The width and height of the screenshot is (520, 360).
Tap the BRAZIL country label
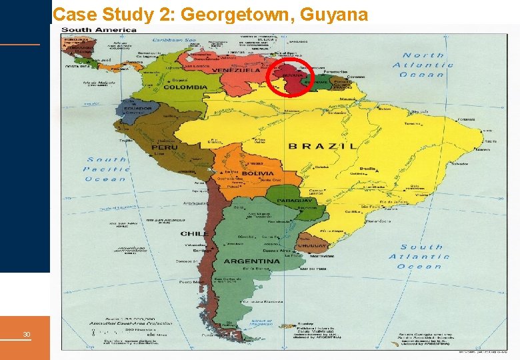click(323, 146)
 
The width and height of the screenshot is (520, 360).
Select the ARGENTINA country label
click(252, 261)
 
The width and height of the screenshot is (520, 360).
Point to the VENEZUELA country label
click(236, 70)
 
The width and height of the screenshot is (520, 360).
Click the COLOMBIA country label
click(185, 87)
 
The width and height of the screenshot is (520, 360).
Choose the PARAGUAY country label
click(295, 201)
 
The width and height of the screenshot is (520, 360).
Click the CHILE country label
click(193, 234)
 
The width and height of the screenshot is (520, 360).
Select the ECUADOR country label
click(137, 107)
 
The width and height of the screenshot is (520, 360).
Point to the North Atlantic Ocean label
click(423, 65)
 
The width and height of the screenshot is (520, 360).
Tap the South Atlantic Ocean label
click(421, 257)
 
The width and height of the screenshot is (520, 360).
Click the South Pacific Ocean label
click(106, 169)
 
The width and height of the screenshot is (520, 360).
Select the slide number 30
click(26, 334)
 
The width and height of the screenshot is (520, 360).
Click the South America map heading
click(99, 29)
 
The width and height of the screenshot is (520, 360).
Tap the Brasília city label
click(367, 169)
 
